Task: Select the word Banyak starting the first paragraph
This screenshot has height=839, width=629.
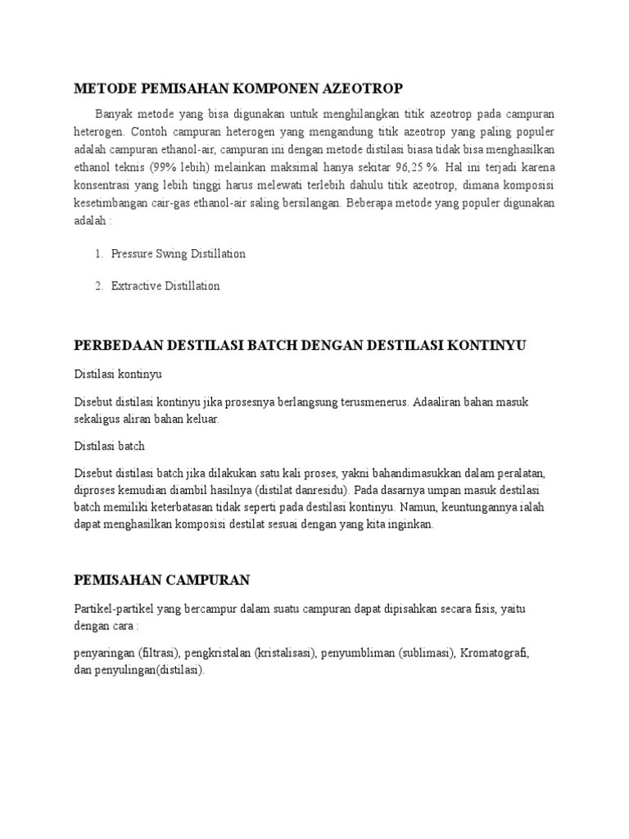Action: [113, 113]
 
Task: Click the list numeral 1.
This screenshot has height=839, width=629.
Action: [98, 254]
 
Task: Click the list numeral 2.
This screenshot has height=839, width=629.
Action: [98, 287]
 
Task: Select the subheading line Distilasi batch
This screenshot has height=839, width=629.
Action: [109, 447]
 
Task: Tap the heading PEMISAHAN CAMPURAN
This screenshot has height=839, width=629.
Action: [161, 580]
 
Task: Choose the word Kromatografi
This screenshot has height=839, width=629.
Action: [495, 654]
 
